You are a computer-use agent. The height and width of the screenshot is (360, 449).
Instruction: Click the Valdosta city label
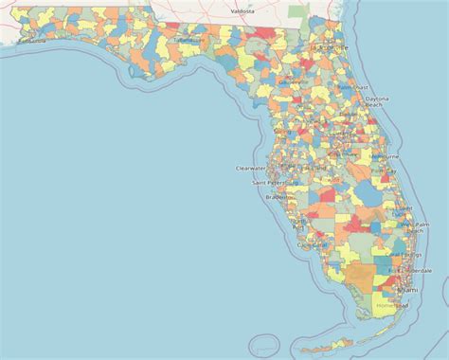(x=242, y=11)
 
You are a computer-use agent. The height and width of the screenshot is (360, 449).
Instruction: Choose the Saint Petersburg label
(x=269, y=181)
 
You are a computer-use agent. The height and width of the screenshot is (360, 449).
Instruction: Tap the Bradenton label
(x=280, y=197)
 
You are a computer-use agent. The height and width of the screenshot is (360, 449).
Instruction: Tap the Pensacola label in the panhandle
(x=30, y=41)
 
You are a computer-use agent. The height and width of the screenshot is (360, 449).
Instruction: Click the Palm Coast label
(x=351, y=87)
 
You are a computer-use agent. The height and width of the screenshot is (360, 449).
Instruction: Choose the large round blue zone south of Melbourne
(x=364, y=193)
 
